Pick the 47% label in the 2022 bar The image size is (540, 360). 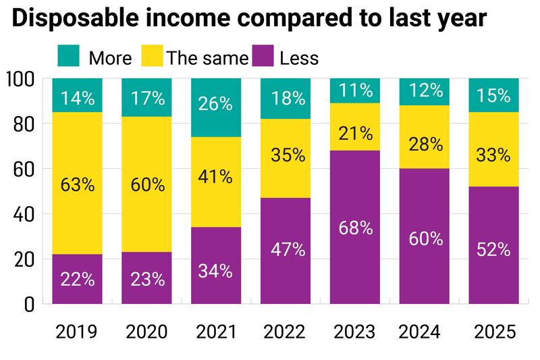(286, 249)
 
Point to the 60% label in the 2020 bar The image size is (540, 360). (147, 185)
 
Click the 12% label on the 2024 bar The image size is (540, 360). (425, 91)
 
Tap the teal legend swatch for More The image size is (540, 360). (69, 56)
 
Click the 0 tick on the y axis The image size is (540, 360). (29, 304)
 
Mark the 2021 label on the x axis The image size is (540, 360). (217, 332)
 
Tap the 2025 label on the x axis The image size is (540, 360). (495, 332)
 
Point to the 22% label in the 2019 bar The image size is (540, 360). (78, 280)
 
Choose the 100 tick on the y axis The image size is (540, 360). (20, 79)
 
